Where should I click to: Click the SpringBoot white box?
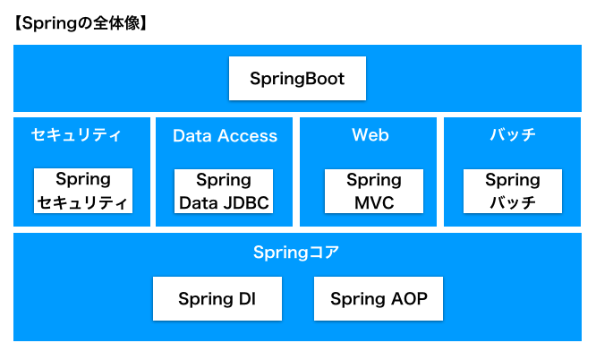tap(297, 79)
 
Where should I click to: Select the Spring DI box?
tap(217, 299)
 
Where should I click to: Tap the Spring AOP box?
tap(379, 299)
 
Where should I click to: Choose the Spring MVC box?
tap(374, 191)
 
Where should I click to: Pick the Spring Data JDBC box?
tap(224, 191)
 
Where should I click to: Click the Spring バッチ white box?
tap(513, 191)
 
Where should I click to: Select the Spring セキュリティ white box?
tap(83, 191)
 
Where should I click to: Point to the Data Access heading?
tap(225, 136)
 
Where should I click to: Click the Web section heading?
tap(370, 134)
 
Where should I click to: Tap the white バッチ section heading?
tap(513, 134)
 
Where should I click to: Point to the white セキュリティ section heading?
tap(76, 134)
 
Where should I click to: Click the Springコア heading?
tap(296, 253)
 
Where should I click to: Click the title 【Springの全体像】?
tap(81, 23)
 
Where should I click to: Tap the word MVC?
tap(374, 202)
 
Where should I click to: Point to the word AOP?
tap(409, 299)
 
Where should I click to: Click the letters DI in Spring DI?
tap(247, 299)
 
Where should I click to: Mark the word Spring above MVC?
tap(374, 180)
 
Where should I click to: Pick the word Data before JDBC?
tap(199, 202)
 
